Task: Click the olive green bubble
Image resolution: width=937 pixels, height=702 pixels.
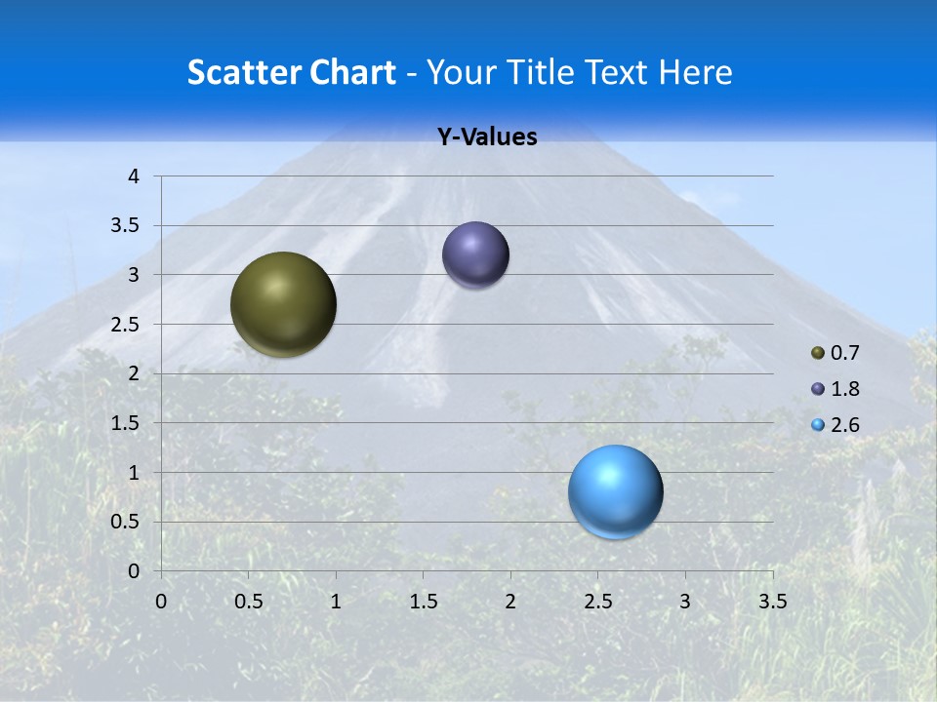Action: pos(283,304)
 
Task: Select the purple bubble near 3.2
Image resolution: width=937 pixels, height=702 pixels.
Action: pos(475,255)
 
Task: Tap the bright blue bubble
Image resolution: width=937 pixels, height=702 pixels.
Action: pos(615,491)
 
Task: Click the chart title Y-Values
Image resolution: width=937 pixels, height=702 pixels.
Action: pos(487,137)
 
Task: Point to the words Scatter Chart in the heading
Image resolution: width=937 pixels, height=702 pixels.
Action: pos(291,72)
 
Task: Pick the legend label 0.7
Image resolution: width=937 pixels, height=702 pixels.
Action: pos(844,353)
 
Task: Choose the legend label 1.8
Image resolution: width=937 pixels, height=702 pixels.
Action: pos(844,389)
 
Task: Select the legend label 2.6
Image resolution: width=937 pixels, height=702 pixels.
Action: pos(844,425)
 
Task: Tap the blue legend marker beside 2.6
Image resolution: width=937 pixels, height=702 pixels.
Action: pos(818,425)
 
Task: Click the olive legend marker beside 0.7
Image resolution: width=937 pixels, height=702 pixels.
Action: pos(818,353)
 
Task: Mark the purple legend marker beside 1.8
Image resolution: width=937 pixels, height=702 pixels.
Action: pos(818,389)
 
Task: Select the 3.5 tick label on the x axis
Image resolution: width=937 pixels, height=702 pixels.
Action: pos(773,602)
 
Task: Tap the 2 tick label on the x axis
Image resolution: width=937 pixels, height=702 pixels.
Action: pos(510,602)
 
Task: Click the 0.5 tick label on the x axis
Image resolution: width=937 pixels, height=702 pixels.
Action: pos(248,602)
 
